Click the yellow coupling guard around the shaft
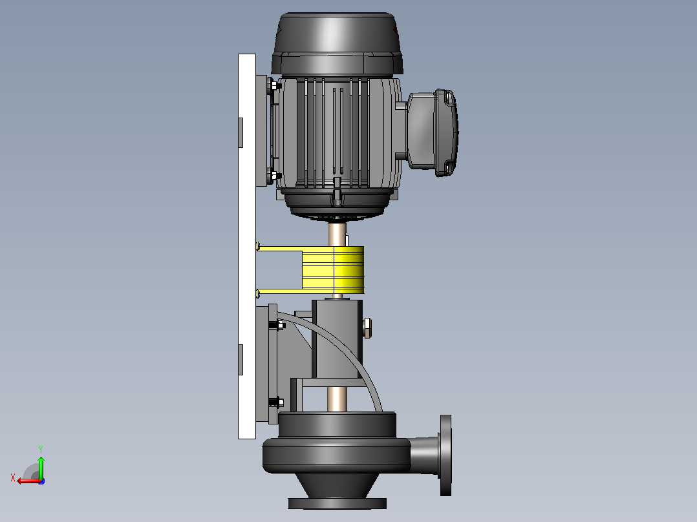click(333, 270)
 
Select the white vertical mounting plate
click(247, 247)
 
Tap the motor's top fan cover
click(337, 43)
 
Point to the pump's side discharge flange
click(445, 455)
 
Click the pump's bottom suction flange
click(338, 503)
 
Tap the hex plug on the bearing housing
click(367, 328)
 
